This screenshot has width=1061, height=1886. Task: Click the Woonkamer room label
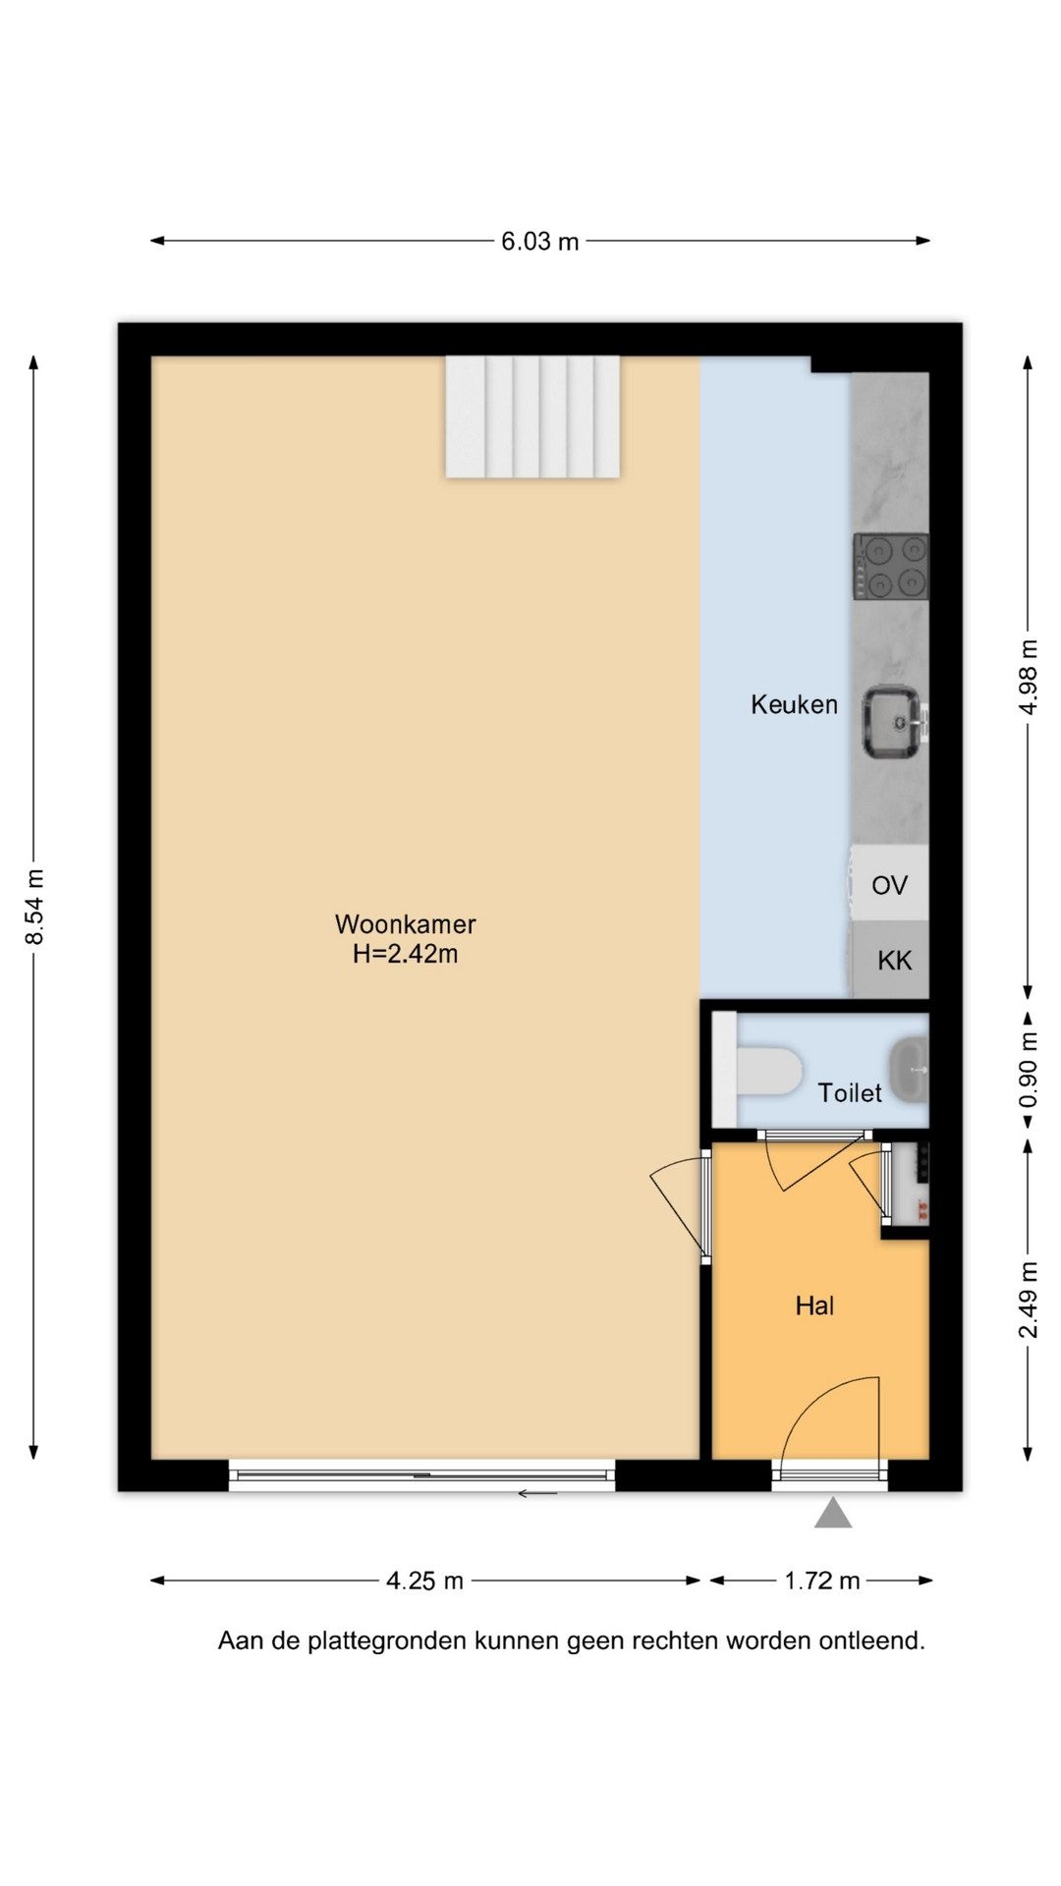tap(405, 924)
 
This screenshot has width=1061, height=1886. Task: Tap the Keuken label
tap(794, 704)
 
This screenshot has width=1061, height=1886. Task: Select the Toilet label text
tap(850, 1092)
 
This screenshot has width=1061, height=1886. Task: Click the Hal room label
tap(814, 1305)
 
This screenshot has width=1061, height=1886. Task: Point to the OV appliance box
tap(889, 884)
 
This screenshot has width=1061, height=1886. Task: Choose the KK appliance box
tap(890, 960)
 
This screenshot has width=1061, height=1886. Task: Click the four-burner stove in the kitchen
tap(891, 566)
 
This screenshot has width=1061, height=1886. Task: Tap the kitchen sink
tap(894, 722)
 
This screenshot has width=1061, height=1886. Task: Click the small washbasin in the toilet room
tap(909, 1068)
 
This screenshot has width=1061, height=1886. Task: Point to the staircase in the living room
tap(532, 416)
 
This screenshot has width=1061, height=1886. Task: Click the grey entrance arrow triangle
tap(832, 1513)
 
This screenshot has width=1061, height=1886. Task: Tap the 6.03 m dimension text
tap(539, 241)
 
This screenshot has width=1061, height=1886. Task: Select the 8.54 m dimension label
tap(34, 907)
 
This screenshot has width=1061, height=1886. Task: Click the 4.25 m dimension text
tap(424, 1581)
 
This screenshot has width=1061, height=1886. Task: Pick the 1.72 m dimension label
tap(821, 1581)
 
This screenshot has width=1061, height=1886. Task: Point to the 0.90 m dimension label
tap(1028, 1069)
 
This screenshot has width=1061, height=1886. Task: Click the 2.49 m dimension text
tap(1028, 1300)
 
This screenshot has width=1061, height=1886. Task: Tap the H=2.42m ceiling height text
tap(405, 954)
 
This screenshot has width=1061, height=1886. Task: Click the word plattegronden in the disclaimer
tap(387, 1641)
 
